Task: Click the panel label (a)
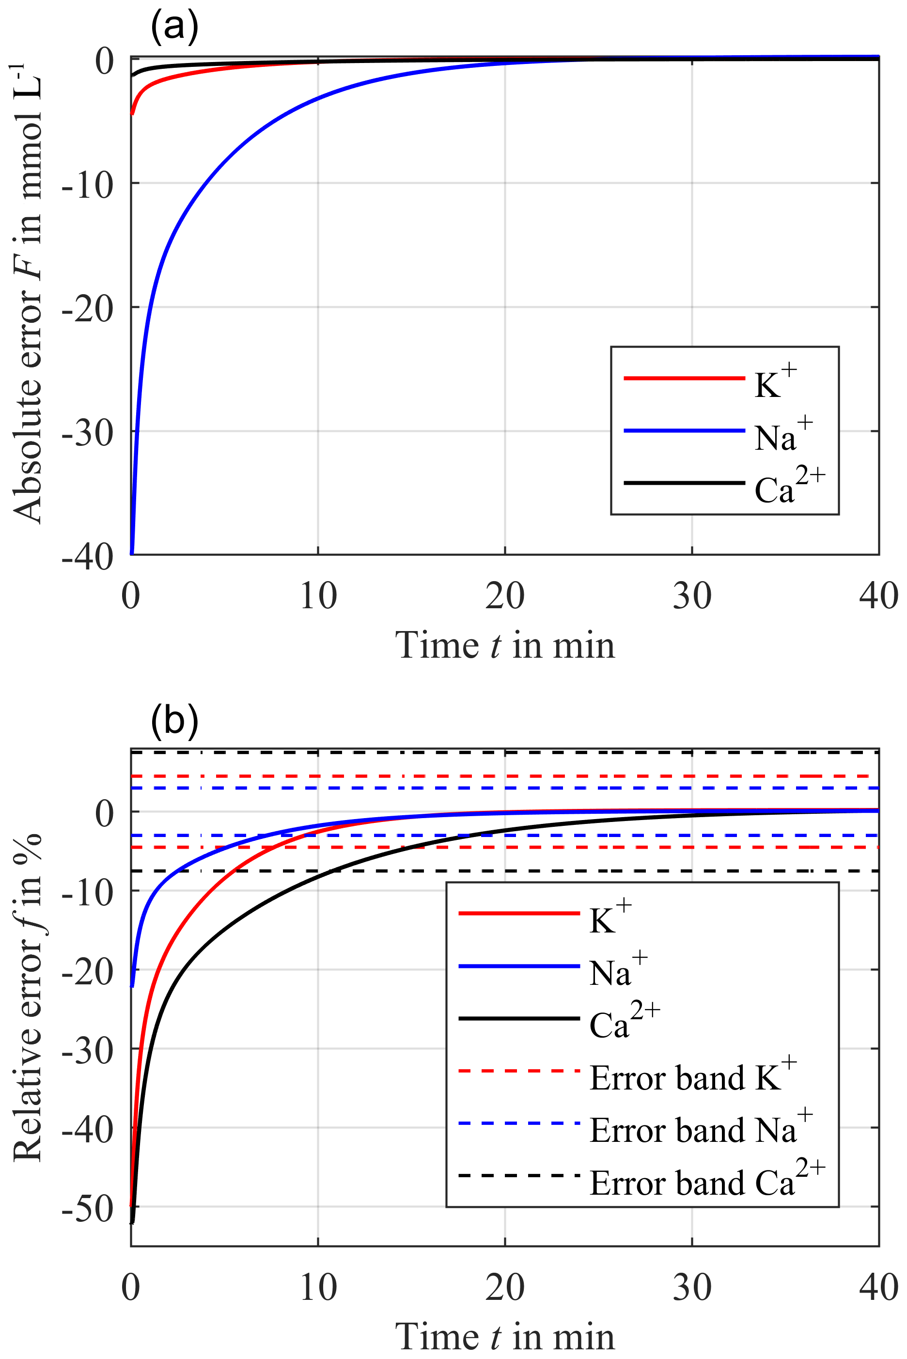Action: [x=174, y=26]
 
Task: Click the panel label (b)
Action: [x=174, y=721]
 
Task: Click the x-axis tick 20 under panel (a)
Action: [x=504, y=596]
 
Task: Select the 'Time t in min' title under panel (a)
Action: [x=504, y=646]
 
